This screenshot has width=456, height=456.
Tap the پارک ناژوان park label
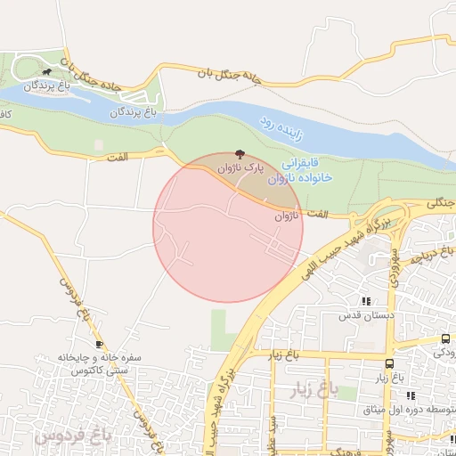242,167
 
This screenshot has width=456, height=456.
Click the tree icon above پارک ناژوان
239,154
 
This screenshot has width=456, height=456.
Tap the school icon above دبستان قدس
365,301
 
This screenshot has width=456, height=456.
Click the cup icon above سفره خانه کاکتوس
98,344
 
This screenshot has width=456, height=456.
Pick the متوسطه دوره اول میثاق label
398,411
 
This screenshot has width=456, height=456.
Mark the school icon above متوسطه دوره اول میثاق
411,395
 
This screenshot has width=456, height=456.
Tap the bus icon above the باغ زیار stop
389,363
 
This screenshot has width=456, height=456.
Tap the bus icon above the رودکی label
445,338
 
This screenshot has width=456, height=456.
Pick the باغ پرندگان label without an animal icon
133,113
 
